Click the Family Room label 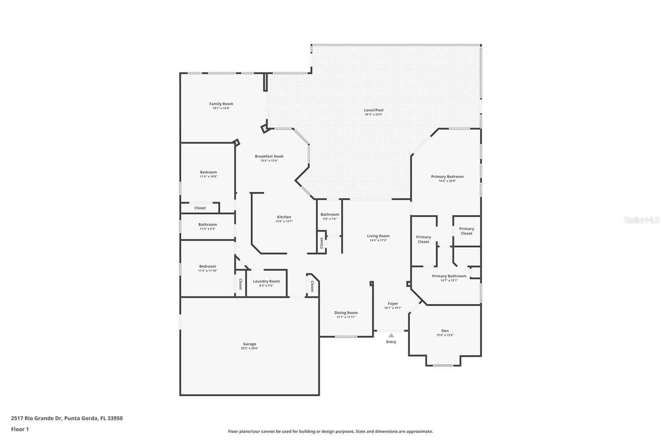click(221, 104)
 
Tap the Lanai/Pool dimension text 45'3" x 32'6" click(373, 114)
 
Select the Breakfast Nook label click(269, 156)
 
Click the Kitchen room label click(284, 217)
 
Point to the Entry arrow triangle click(391, 336)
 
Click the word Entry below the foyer click(391, 342)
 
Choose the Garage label click(250, 344)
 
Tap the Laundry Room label click(266, 281)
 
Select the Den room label click(445, 331)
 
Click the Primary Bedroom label click(447, 177)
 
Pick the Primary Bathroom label click(449, 276)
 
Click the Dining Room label click(346, 313)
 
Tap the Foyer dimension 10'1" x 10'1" click(392, 308)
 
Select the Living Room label click(378, 236)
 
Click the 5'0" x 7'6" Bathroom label click(330, 215)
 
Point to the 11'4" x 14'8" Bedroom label click(208, 172)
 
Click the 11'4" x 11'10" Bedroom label click(207, 266)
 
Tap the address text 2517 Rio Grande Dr click(36, 418)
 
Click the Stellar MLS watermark click(641, 220)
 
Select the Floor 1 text click(20, 429)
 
